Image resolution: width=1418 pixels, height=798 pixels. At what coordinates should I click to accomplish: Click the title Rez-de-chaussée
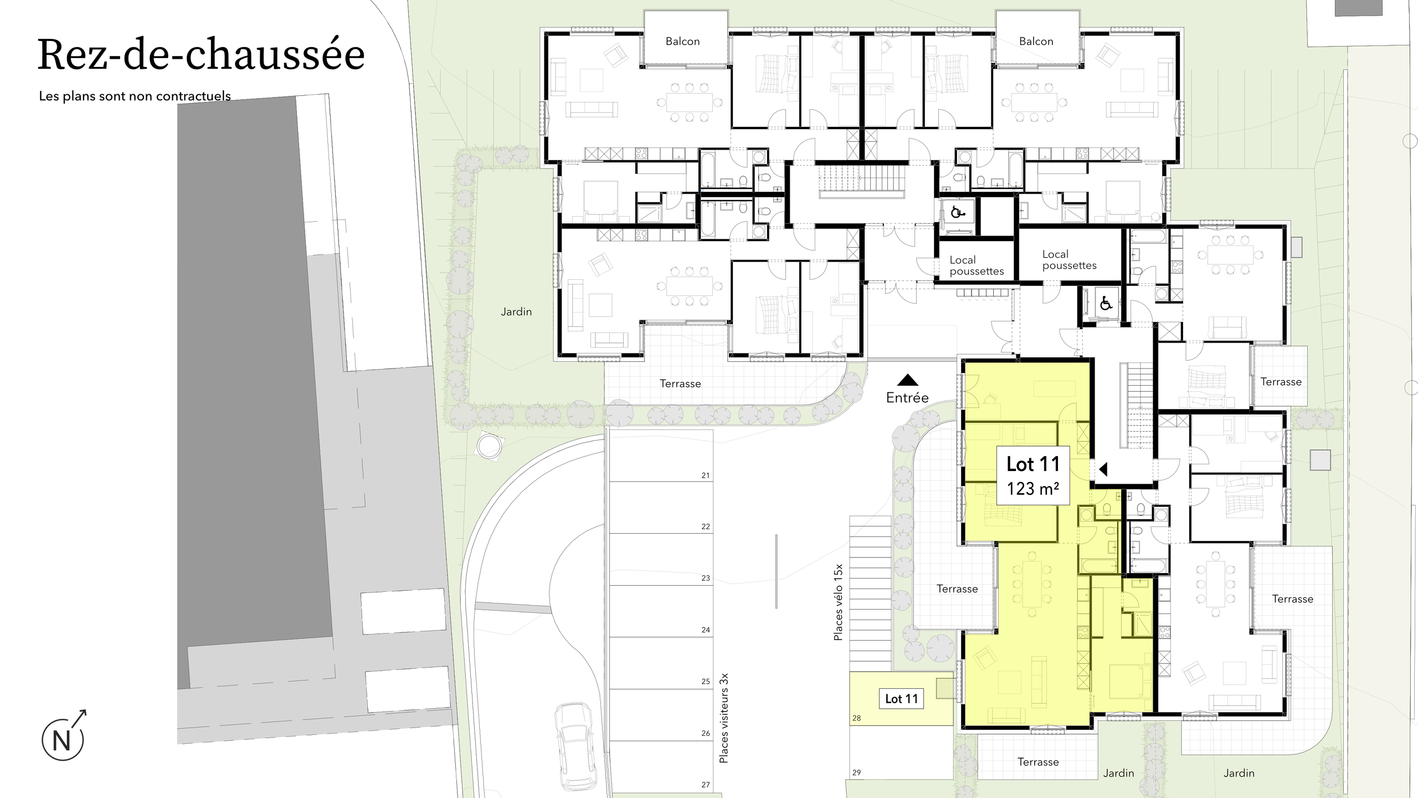tap(201, 55)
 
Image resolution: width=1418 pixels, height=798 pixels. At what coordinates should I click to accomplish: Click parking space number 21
tap(705, 475)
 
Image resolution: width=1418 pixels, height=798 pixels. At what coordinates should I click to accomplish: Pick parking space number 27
tap(705, 784)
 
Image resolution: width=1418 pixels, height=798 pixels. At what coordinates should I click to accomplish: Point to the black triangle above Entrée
tap(907, 380)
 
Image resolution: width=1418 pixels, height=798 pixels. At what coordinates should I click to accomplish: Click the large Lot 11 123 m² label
tap(1033, 475)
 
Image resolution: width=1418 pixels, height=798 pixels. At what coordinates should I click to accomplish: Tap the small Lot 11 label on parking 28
tap(901, 699)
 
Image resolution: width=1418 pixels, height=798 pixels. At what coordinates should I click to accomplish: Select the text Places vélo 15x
tap(838, 602)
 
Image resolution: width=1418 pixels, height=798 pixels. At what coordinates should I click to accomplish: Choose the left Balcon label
tap(682, 42)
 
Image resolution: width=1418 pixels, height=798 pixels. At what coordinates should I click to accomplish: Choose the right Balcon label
tap(1036, 42)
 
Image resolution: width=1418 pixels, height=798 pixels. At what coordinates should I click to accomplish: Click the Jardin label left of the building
tap(516, 312)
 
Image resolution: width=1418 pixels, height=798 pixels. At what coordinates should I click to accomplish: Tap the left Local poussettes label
tap(977, 265)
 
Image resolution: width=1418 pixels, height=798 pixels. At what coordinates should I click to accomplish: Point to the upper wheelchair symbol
tap(957, 212)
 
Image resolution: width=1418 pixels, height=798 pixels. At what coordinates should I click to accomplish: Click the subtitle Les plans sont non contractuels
tap(135, 96)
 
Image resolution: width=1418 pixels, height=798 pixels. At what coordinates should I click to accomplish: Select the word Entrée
tap(907, 397)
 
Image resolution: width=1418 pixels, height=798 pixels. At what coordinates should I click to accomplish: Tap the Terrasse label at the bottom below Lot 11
tap(1038, 762)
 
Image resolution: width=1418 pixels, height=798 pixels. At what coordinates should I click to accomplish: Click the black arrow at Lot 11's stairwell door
tap(1103, 469)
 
